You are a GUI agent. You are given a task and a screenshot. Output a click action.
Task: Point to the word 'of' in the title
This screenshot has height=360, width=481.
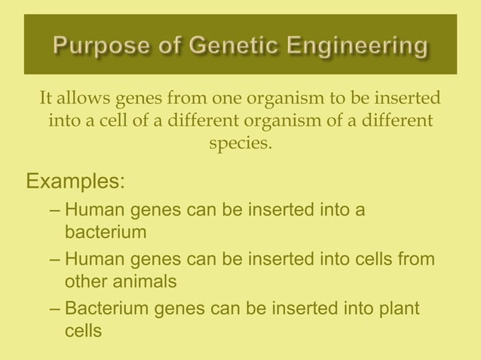pos(167,47)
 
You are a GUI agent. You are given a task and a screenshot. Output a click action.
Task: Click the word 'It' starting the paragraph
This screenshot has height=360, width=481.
pos(46,99)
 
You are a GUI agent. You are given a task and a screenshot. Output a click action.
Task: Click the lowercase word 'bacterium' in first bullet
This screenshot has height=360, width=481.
pos(106,232)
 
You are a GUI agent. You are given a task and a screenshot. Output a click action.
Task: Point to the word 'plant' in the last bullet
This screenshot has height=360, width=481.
pos(398,310)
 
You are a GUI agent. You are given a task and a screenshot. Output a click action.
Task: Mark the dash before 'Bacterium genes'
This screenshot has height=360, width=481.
pos(56,310)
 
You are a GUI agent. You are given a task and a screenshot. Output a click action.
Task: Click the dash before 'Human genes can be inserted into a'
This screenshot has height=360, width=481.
pos(56,209)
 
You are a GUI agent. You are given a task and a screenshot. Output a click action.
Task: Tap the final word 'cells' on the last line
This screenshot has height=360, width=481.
pos(83,331)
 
